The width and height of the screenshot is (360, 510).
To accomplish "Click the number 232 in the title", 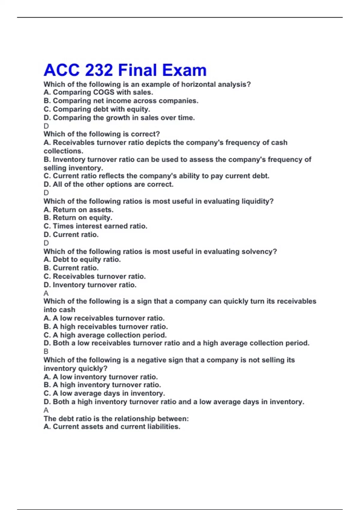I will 99,70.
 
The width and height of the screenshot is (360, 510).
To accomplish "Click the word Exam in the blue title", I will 184,70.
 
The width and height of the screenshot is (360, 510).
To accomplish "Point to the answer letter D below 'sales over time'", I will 46,126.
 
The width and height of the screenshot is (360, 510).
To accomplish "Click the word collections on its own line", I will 63,151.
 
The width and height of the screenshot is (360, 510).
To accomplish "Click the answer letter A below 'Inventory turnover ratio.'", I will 46,293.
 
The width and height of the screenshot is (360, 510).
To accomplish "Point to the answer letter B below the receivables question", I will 46,351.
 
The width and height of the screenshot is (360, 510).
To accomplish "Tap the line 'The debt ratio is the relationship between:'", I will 116,418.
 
